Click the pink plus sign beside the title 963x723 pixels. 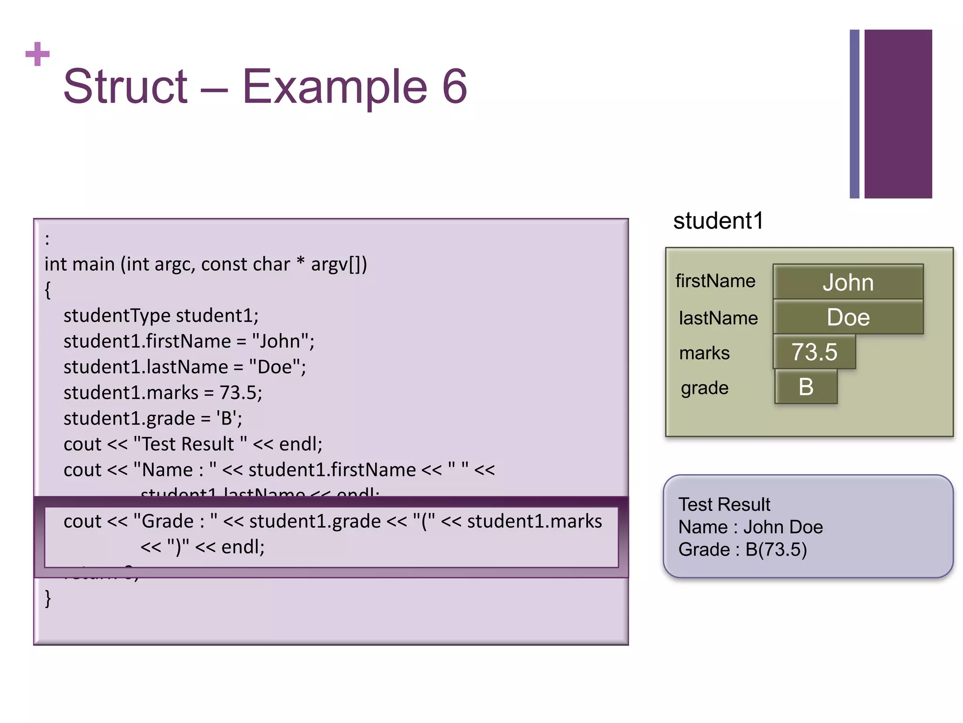pyautogui.click(x=38, y=54)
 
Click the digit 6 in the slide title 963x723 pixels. pyautogui.click(x=454, y=87)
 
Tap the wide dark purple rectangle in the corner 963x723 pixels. pyautogui.click(x=898, y=114)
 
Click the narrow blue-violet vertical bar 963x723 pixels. pyautogui.click(x=854, y=114)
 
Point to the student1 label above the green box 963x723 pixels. pyautogui.click(x=718, y=221)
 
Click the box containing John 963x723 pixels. pyautogui.click(x=848, y=282)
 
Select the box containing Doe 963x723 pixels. pyautogui.click(x=848, y=317)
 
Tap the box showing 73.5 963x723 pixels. pyautogui.click(x=814, y=352)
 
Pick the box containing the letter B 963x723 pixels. pyautogui.click(x=806, y=387)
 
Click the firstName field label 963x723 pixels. pyautogui.click(x=715, y=281)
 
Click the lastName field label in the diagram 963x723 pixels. pyautogui.click(x=718, y=318)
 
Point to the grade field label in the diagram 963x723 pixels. pyautogui.click(x=704, y=388)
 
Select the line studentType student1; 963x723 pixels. pyautogui.click(x=161, y=315)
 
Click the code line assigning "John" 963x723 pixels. pyautogui.click(x=189, y=341)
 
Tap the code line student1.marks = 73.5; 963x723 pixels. pyautogui.click(x=163, y=393)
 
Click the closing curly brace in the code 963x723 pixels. pyautogui.click(x=47, y=599)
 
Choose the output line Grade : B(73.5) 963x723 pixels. pyautogui.click(x=742, y=549)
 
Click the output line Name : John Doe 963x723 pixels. pyautogui.click(x=750, y=527)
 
